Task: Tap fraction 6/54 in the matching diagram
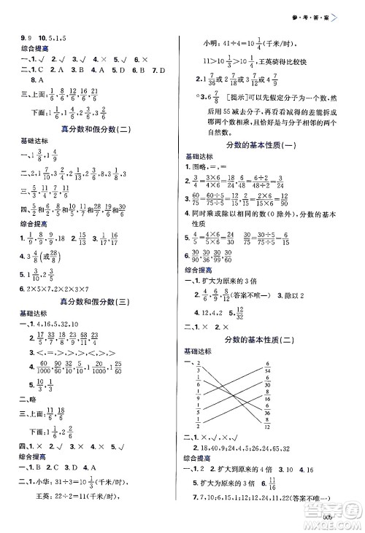[288, 366]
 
